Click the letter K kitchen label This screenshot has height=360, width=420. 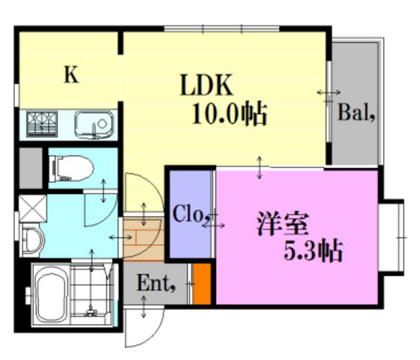click(x=71, y=75)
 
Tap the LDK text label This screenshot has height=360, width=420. click(x=206, y=85)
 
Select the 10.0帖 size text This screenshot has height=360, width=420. click(x=229, y=114)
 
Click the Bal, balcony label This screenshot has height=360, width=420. click(x=356, y=112)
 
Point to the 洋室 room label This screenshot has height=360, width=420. click(x=283, y=223)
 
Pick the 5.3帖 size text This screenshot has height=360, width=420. click(x=313, y=251)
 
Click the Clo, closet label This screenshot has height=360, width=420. click(x=187, y=214)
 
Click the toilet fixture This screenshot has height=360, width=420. click(x=71, y=169)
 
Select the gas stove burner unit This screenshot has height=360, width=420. click(x=42, y=124)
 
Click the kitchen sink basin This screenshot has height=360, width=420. click(x=94, y=125)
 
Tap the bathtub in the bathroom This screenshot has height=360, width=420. click(x=51, y=295)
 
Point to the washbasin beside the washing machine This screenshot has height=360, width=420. click(x=32, y=240)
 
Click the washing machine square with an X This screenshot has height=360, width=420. click(x=33, y=208)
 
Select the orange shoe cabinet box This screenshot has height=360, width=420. click(x=202, y=284)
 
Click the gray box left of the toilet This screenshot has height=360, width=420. click(x=31, y=168)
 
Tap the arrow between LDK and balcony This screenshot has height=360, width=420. click(x=328, y=93)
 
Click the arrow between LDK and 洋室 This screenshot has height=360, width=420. click(x=259, y=167)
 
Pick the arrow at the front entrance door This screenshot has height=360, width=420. click(x=144, y=307)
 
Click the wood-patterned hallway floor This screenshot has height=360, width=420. click(x=143, y=239)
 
